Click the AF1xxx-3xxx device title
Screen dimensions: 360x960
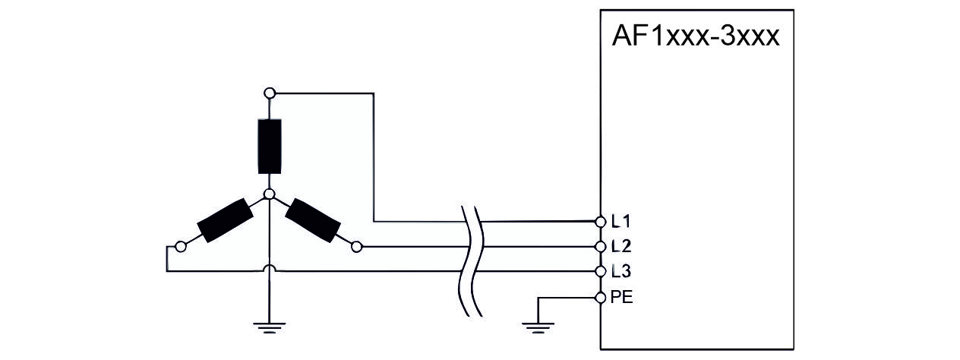click(x=696, y=36)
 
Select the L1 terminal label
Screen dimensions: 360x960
click(x=621, y=222)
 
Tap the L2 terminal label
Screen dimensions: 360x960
click(x=621, y=246)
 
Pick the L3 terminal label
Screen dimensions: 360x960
click(x=621, y=271)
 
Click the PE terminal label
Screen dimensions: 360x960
click(x=621, y=297)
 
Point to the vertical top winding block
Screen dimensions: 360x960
click(x=269, y=145)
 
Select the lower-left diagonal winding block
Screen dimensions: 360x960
click(x=224, y=220)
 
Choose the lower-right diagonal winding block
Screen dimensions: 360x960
click(x=314, y=220)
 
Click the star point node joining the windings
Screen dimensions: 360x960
click(x=269, y=195)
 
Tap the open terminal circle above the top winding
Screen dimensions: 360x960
click(x=269, y=93)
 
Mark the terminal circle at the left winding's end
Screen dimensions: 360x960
click(x=180, y=246)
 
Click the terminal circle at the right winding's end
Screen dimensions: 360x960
click(x=358, y=246)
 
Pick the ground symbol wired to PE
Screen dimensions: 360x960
click(x=538, y=327)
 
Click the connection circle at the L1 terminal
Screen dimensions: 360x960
click(x=601, y=222)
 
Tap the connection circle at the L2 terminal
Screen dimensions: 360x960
click(x=601, y=246)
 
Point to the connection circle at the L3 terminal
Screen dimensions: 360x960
click(x=601, y=271)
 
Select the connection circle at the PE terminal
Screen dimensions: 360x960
click(x=601, y=297)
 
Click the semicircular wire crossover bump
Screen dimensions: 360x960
click(x=269, y=267)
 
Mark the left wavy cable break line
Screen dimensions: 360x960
click(x=464, y=258)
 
